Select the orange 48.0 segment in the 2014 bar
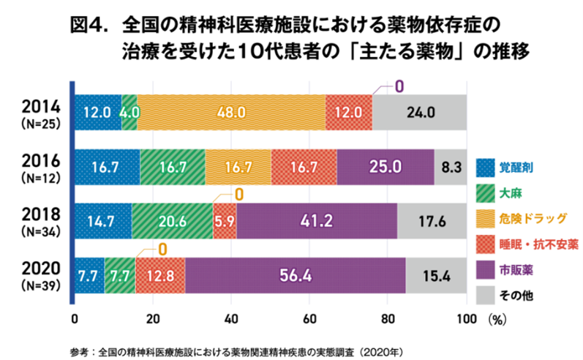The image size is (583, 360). pyautogui.click(x=230, y=112)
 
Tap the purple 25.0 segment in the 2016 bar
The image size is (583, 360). pyautogui.click(x=385, y=166)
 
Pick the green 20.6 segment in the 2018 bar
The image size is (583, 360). pyautogui.click(x=172, y=220)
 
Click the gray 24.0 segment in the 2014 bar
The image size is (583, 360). pyautogui.click(x=419, y=112)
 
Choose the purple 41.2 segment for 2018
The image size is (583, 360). pyautogui.click(x=316, y=220)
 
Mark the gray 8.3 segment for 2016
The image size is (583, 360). pyautogui.click(x=450, y=166)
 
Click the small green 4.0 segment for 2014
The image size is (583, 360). pyautogui.click(x=129, y=112)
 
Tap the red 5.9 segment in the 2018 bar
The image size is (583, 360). pyautogui.click(x=225, y=220)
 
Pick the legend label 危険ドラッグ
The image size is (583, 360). pyautogui.click(x=532, y=218)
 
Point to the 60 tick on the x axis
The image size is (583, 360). pyautogui.click(x=309, y=319)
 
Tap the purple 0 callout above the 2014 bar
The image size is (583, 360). pyautogui.click(x=399, y=86)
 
